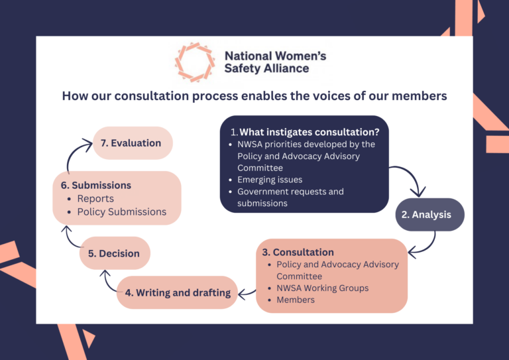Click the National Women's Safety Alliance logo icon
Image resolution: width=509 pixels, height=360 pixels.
tap(195, 62)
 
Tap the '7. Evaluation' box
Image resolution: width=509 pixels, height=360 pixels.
tap(133, 143)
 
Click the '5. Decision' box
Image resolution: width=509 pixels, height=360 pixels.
tap(115, 253)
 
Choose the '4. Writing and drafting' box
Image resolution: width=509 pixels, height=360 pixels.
tap(178, 292)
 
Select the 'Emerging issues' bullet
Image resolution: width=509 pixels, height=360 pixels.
tap(270, 180)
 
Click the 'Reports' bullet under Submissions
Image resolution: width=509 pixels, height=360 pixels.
tap(95, 199)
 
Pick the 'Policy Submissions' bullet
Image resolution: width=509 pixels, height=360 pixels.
tap(121, 212)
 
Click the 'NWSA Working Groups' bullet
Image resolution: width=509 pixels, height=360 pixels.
tap(322, 288)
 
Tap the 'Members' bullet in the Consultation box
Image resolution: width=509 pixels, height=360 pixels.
tap(296, 300)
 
